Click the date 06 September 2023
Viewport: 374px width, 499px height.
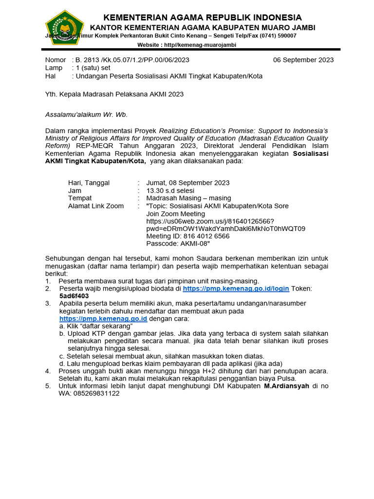coord(303,60)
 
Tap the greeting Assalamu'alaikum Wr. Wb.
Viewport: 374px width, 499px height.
coord(86,115)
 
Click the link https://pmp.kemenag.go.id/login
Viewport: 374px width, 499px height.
coord(236,288)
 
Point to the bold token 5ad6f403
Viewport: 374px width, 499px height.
coord(74,296)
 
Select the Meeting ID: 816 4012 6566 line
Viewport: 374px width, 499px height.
coord(187,236)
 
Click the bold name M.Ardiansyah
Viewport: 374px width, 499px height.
coord(286,386)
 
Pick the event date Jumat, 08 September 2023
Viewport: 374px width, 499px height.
coord(187,183)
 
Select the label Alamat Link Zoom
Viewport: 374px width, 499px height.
coord(96,206)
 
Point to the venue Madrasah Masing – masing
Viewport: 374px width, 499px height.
coord(188,198)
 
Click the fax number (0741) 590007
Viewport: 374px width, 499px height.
coord(275,36)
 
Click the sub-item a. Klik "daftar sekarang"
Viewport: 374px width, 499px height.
coord(96,326)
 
